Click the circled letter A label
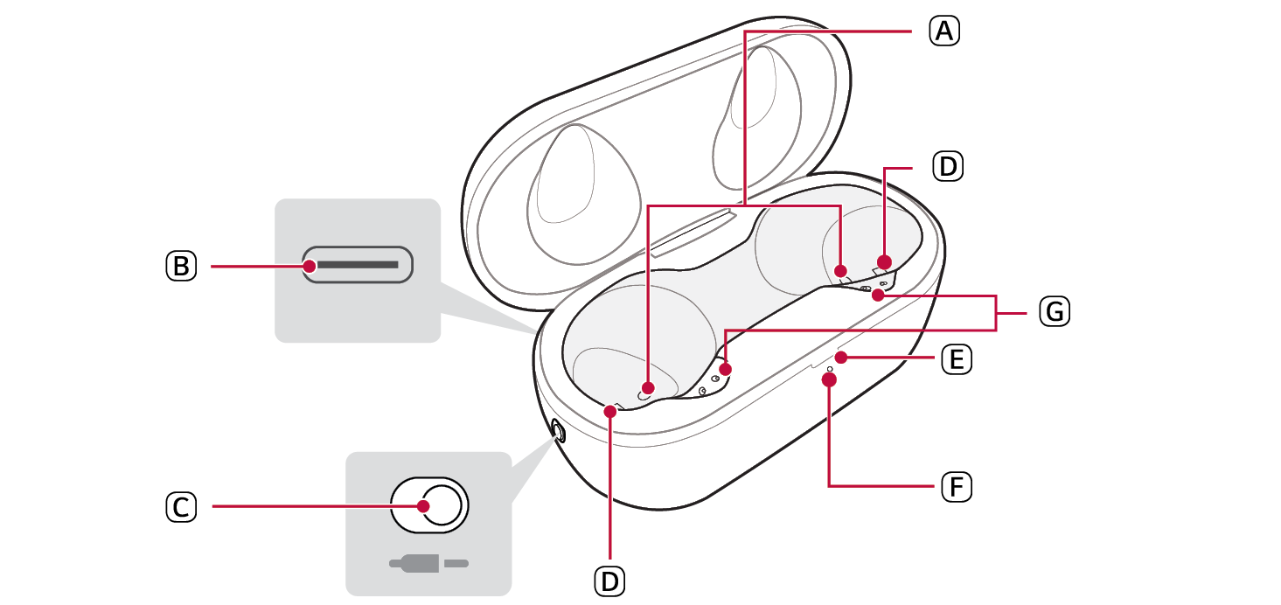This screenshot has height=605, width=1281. (943, 32)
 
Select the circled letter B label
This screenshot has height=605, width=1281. (180, 265)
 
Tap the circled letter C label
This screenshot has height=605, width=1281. (180, 506)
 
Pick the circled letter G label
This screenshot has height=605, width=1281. (1055, 311)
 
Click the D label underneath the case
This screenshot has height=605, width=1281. (609, 580)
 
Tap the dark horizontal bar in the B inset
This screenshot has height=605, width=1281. (358, 264)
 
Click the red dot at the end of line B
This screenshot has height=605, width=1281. (309, 264)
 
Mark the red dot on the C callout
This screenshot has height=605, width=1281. (423, 505)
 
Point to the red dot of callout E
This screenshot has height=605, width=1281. (841, 358)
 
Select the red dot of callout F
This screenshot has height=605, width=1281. (829, 379)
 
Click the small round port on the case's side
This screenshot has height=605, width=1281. (557, 430)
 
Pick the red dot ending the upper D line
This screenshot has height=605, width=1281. (884, 261)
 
